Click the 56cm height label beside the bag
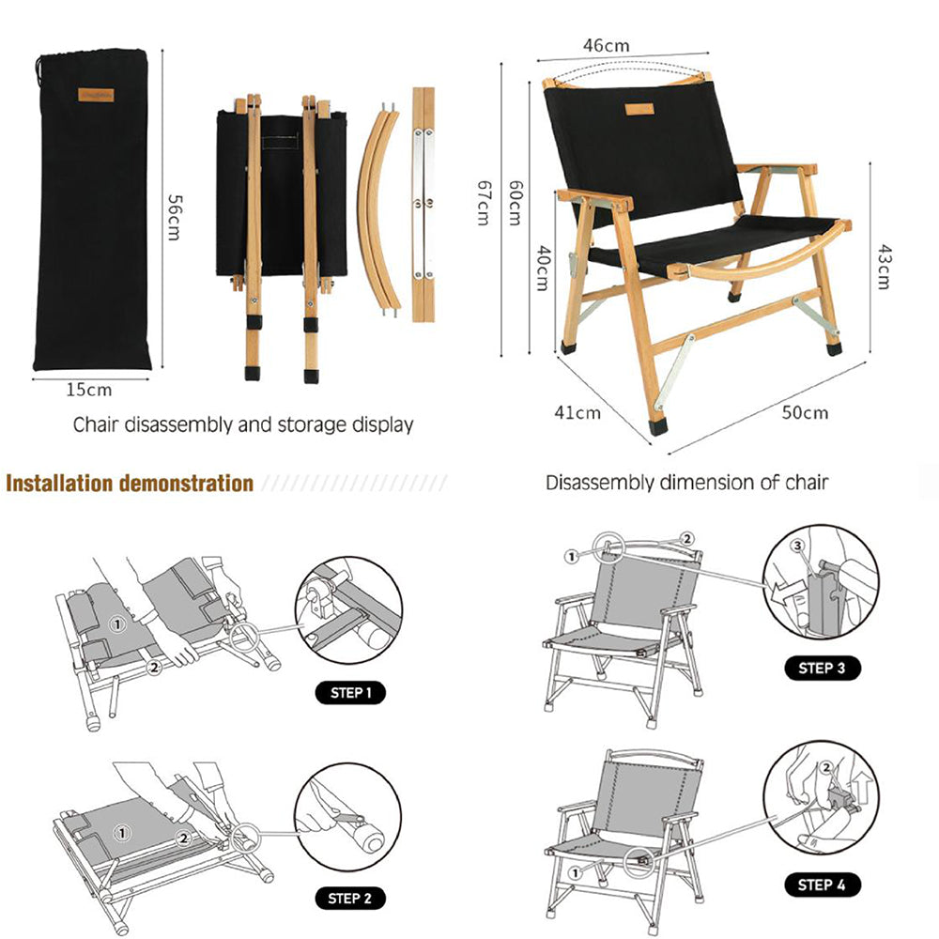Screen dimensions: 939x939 174,217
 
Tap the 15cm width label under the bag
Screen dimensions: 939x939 89,390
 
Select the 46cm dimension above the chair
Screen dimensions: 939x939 606,45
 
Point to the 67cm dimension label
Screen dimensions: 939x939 484,203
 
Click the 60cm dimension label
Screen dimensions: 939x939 516,203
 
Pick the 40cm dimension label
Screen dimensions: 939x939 543,267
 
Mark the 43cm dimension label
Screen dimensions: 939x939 884,267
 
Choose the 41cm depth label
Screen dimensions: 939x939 577,412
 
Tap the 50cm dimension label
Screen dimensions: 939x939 805,412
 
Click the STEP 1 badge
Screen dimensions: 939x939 350,693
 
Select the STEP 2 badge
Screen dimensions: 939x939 350,899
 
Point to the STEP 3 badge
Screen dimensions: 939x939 822,669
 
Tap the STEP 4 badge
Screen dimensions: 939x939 822,885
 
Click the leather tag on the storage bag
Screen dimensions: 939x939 96,95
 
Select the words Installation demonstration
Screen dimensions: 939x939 130,484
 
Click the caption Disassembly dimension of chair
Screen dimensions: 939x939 687,483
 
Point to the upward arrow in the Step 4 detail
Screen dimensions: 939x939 862,784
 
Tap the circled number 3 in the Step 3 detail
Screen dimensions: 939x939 797,546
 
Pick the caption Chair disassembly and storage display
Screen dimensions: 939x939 243,424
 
